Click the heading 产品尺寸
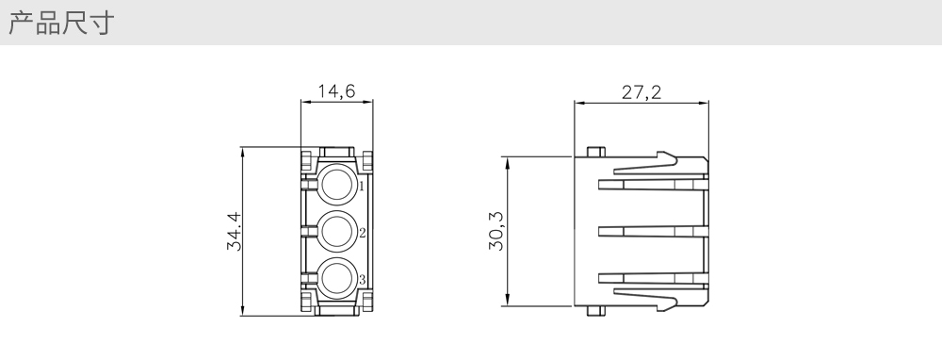(x=60, y=23)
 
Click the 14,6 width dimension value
(x=336, y=90)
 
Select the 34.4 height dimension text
(x=234, y=231)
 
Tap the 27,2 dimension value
(x=641, y=92)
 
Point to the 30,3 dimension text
(x=496, y=231)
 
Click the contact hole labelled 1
(x=336, y=184)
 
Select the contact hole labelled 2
(x=336, y=231)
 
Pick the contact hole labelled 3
(x=336, y=278)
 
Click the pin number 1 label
(x=362, y=187)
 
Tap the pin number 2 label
(x=363, y=233)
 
